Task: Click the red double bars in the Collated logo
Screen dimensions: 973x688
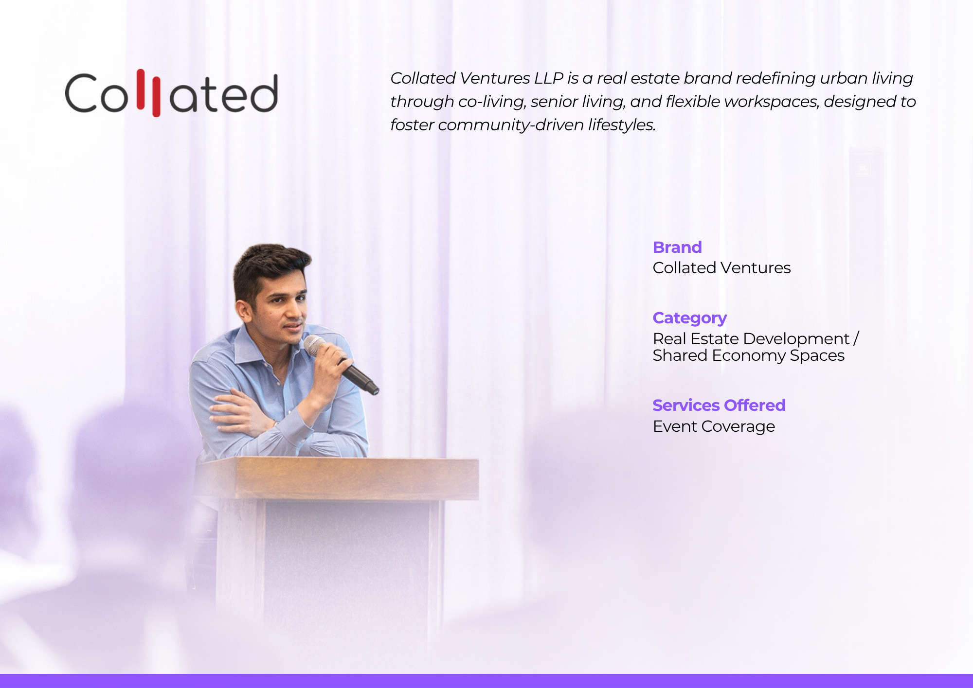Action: point(148,92)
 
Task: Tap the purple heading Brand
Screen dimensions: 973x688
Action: point(677,247)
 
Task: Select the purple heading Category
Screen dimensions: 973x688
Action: point(690,318)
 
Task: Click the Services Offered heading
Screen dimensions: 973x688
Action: point(719,405)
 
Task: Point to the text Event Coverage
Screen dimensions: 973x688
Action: point(714,426)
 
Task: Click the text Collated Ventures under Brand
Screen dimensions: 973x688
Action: point(721,268)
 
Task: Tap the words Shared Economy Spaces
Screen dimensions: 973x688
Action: point(748,356)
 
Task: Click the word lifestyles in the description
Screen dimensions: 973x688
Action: point(622,125)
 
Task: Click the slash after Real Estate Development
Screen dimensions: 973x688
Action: point(856,338)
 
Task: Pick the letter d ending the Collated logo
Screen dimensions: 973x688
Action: point(264,93)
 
